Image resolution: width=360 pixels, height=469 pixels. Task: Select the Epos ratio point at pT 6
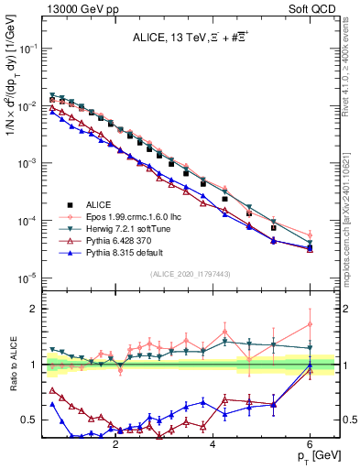coord(311,324)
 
